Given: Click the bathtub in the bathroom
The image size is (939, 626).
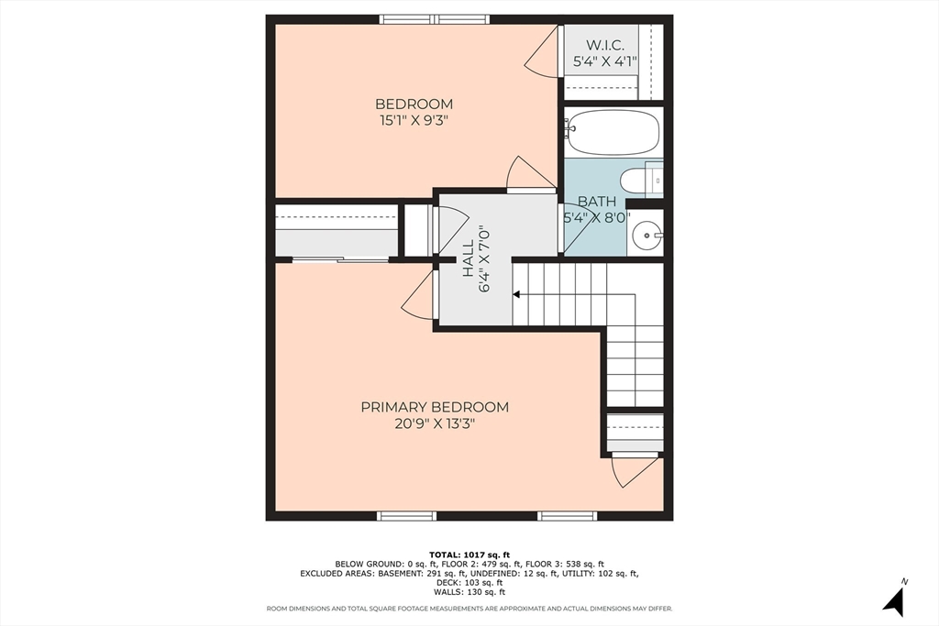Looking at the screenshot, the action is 613,132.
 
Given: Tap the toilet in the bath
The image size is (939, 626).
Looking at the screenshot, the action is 641,180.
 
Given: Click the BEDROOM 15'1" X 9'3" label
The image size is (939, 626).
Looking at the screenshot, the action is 414,112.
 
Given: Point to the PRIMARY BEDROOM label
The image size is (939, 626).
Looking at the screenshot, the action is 435,407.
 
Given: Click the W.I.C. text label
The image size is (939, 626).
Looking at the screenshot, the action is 605,45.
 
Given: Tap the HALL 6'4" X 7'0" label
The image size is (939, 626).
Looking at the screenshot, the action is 476,258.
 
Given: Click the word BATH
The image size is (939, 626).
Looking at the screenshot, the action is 596,202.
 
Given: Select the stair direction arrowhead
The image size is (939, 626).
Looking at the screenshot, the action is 516,294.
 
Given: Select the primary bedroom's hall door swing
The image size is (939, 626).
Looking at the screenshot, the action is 418,294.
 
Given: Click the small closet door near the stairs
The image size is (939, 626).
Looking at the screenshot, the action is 635,472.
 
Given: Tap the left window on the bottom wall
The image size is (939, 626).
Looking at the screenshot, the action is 406,516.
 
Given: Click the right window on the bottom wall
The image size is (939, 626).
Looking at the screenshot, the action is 567,516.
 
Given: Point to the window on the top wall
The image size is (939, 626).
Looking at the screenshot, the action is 436,20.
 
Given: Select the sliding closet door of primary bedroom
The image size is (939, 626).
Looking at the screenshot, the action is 340,259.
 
